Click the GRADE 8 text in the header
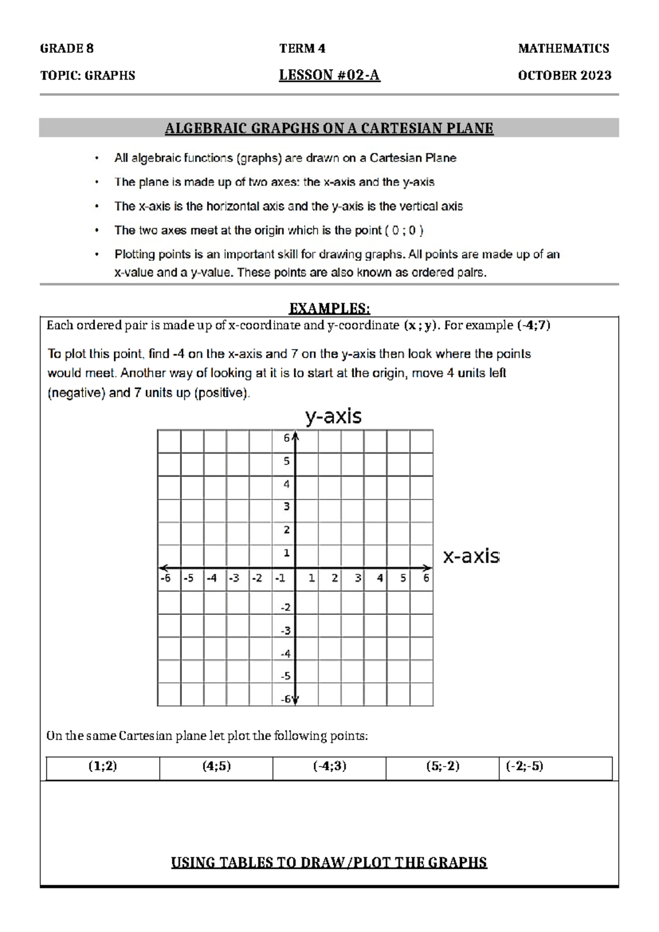[66, 48]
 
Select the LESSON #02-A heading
[329, 75]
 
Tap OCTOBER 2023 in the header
[564, 75]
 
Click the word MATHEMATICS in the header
[563, 48]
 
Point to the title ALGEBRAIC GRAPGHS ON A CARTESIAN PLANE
[329, 129]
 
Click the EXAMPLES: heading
[329, 308]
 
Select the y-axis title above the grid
[333, 416]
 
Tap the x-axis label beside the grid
[471, 556]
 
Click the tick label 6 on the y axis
[287, 438]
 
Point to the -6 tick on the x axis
[165, 578]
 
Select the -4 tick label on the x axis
[211, 578]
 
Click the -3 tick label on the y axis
[286, 630]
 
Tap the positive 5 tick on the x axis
[403, 578]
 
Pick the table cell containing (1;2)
[103, 766]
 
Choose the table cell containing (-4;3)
[329, 766]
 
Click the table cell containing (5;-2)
[443, 766]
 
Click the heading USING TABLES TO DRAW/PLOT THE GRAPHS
[329, 862]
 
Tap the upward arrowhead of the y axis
[295, 436]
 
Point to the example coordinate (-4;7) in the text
[534, 325]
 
